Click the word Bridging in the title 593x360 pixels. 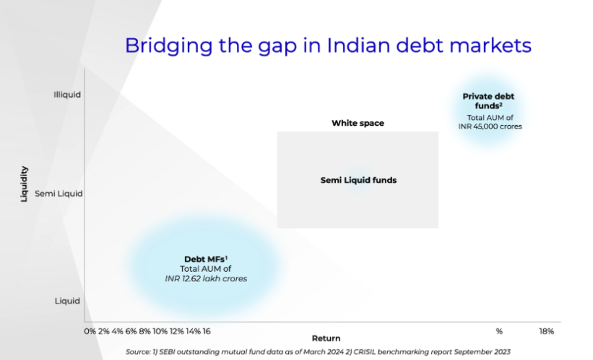pyautogui.click(x=169, y=46)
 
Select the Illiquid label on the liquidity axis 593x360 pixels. pyautogui.click(x=67, y=95)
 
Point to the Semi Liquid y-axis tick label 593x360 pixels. pyautogui.click(x=59, y=194)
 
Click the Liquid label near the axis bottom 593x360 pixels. pyautogui.click(x=67, y=301)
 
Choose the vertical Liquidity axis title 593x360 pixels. pyautogui.click(x=25, y=184)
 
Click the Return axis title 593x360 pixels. pyautogui.click(x=326, y=338)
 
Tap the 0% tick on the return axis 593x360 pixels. pyautogui.click(x=90, y=331)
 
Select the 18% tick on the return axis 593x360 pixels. pyautogui.click(x=546, y=332)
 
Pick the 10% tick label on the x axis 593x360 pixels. pyautogui.click(x=160, y=331)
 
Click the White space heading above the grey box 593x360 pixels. pyautogui.click(x=358, y=123)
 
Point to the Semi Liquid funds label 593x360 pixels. pyautogui.click(x=358, y=180)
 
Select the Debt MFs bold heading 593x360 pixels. pyautogui.click(x=206, y=260)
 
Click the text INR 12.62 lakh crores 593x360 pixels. pyautogui.click(x=206, y=278)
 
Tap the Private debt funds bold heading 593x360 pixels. pyautogui.click(x=488, y=101)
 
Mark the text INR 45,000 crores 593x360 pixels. pyautogui.click(x=490, y=127)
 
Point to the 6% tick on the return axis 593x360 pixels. pyautogui.click(x=131, y=331)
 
